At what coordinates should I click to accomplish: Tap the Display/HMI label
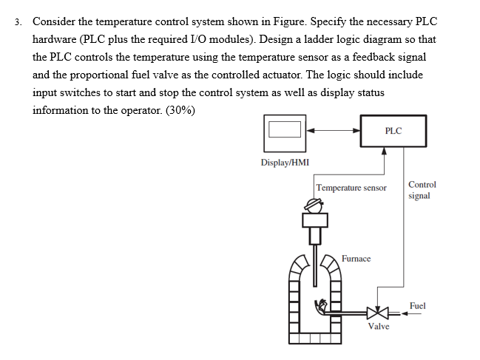[x=285, y=163]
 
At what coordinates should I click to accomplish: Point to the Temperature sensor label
[x=351, y=188]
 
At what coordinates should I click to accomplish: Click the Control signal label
[x=422, y=190]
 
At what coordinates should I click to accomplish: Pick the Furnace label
[x=356, y=259]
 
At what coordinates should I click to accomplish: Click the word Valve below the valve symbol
[x=379, y=326]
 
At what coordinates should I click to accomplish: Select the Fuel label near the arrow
[x=418, y=305]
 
